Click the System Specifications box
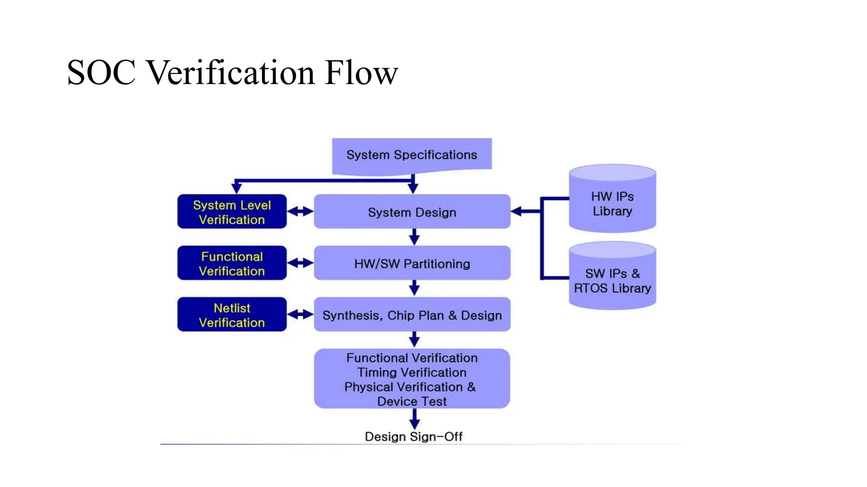[x=411, y=155]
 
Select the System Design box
[x=411, y=212]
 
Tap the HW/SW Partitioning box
[x=411, y=263]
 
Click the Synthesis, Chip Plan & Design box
[x=411, y=315]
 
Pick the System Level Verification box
[x=232, y=212]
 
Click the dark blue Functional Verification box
[x=232, y=263]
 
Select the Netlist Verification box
[x=232, y=315]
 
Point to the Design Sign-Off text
[x=413, y=437]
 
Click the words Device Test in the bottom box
[x=411, y=402]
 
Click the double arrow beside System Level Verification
[x=300, y=211]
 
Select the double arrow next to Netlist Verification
[x=300, y=315]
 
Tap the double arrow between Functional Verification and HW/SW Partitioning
[x=300, y=263]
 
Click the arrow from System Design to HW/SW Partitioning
[x=414, y=237]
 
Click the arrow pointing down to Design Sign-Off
[x=414, y=420]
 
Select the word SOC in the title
[x=102, y=73]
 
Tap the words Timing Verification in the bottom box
[x=411, y=372]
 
